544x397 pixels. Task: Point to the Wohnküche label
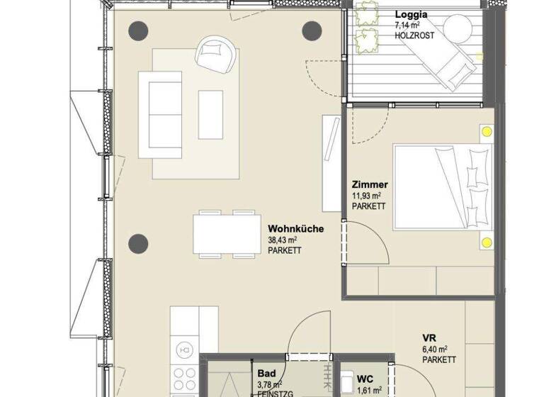pyautogui.click(x=296, y=229)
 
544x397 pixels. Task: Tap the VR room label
pyautogui.click(x=429, y=337)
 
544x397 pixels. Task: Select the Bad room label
pyautogui.click(x=266, y=374)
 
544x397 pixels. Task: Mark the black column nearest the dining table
pyautogui.click(x=138, y=245)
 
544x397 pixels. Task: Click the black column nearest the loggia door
pyautogui.click(x=312, y=30)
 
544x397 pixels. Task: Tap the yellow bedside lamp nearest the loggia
pyautogui.click(x=487, y=132)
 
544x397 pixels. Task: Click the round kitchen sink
pyautogui.click(x=186, y=349)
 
